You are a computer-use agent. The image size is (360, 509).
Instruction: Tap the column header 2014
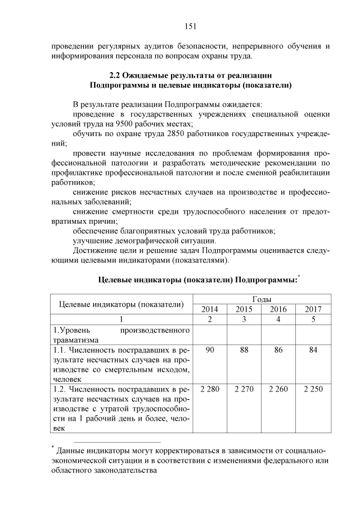coord(209,309)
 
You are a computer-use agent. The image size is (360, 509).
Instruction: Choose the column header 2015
coord(244,309)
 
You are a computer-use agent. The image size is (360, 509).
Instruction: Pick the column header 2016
coord(278,309)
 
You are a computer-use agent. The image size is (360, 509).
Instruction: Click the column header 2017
coord(313,309)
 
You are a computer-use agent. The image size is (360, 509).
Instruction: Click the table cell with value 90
coord(209,350)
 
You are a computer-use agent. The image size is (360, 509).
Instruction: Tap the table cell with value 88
coord(244,350)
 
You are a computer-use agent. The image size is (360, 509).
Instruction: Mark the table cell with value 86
coord(278,350)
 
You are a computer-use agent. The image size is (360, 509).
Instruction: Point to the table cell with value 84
coord(313,350)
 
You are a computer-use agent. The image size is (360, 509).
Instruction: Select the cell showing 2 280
coord(209,389)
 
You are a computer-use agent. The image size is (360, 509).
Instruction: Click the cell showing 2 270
coord(244,389)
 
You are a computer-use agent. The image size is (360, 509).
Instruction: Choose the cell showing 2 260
coord(278,389)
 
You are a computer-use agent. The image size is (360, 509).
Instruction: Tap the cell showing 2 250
coord(313,389)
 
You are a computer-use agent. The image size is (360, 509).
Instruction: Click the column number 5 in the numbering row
coord(313,319)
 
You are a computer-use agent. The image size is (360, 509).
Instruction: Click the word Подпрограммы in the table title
coord(265,280)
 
